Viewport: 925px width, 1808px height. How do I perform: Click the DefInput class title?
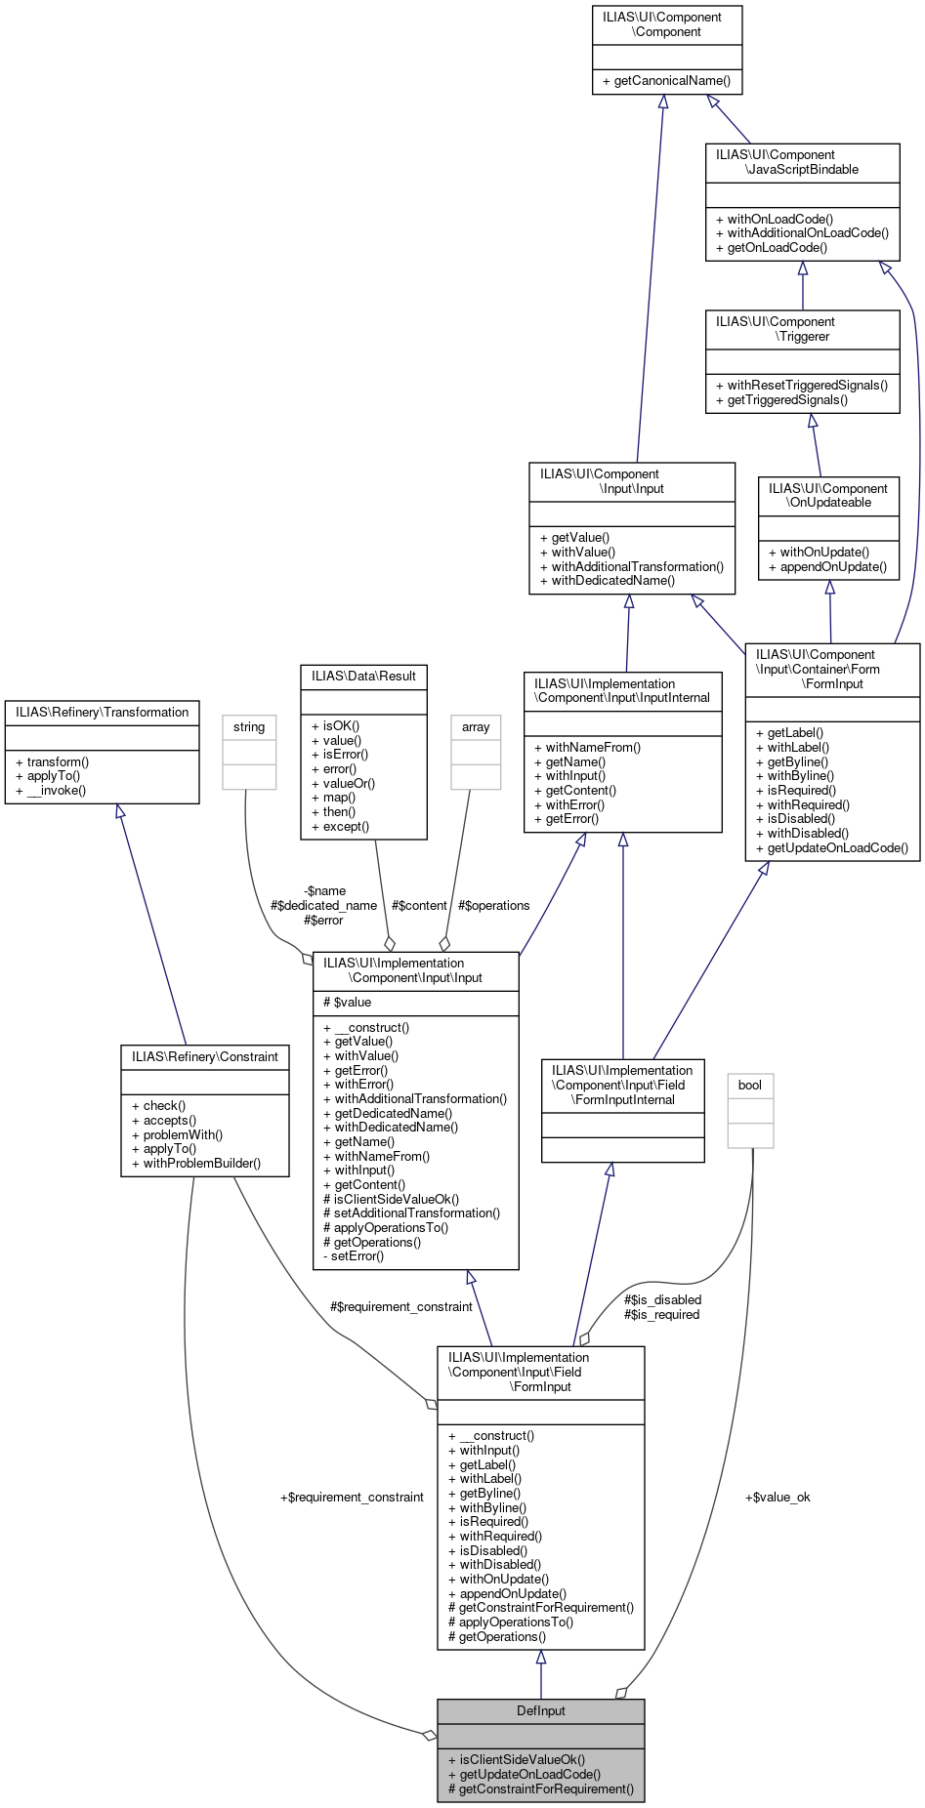coord(540,1710)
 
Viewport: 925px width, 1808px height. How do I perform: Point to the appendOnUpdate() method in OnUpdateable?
coord(827,566)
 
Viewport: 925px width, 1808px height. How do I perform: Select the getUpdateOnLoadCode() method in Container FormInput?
coord(837,847)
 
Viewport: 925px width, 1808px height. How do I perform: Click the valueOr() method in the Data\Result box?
coord(349,783)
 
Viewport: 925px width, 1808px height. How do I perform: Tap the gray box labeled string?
coord(249,727)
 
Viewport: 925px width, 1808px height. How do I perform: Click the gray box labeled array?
coord(476,727)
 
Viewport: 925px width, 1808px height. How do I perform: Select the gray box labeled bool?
coord(750,1086)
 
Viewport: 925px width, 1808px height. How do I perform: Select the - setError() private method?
coord(354,1256)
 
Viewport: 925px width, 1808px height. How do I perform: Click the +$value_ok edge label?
coord(778,1497)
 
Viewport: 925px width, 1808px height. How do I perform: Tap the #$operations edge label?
coord(493,905)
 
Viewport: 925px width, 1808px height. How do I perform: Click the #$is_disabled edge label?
coord(662,1299)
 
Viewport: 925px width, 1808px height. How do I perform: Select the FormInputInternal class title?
coord(622,1085)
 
